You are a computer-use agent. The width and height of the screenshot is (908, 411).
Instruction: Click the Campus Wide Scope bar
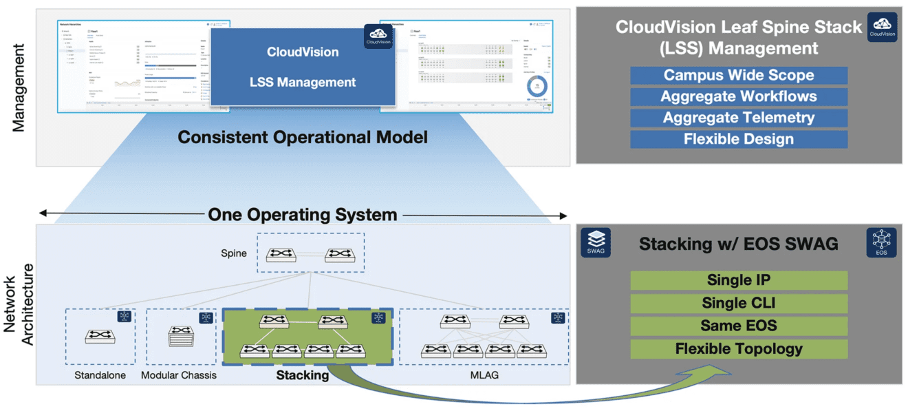pos(739,76)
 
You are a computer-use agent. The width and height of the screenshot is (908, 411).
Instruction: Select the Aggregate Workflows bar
pos(739,97)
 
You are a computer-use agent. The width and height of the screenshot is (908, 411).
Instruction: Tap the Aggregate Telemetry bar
pos(739,118)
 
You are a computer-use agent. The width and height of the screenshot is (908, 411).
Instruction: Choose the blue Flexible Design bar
pos(739,139)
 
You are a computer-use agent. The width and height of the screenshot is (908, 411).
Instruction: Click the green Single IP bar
pos(739,280)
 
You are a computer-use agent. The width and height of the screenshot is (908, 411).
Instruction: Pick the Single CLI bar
pos(739,303)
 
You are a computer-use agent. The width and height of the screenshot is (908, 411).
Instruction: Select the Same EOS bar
pos(739,326)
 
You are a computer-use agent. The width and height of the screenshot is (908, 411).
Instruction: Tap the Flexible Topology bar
pos(739,348)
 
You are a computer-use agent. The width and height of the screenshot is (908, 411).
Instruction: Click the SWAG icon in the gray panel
pos(596,242)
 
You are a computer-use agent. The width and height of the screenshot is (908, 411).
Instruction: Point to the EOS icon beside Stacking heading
pos(881,242)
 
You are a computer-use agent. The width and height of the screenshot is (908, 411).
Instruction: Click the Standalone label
pos(100,375)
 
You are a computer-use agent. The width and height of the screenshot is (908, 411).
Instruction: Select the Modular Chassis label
pos(179,375)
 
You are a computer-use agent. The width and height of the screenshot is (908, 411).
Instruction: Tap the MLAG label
pos(484,375)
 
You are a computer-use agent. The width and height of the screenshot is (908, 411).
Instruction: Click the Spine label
pos(234,253)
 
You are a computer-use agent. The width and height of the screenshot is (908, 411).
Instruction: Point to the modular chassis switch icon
pos(181,335)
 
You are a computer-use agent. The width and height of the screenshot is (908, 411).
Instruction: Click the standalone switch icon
pos(100,336)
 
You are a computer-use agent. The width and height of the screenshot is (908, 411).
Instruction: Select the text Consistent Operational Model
pos(303,137)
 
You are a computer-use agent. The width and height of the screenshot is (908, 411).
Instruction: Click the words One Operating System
pos(303,215)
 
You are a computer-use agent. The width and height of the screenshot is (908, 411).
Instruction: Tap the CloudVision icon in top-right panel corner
pos(882,28)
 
